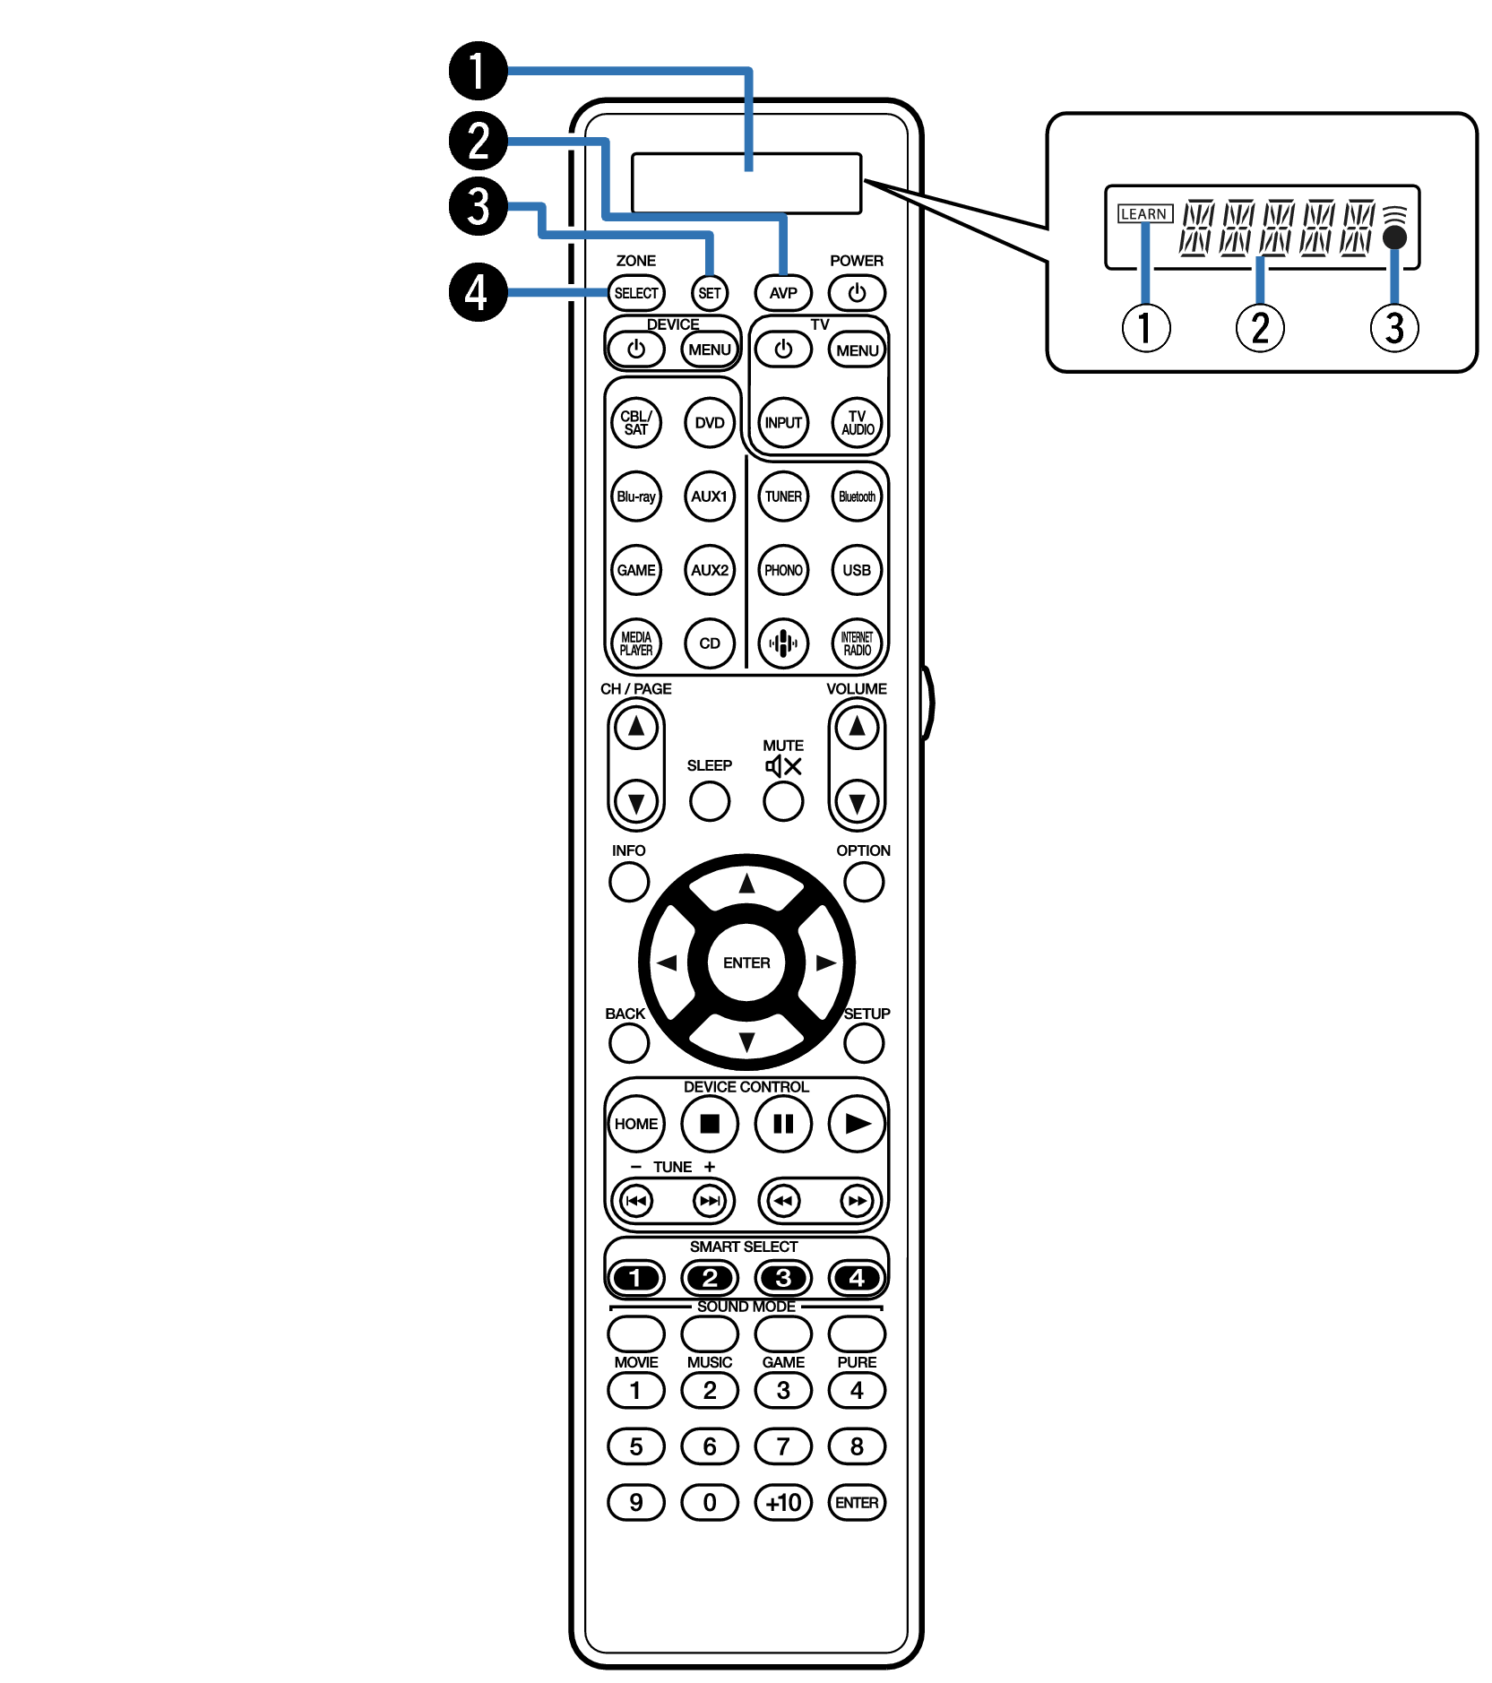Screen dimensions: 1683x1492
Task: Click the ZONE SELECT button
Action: (x=636, y=293)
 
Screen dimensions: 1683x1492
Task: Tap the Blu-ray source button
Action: (x=636, y=496)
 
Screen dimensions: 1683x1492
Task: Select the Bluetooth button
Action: (x=857, y=496)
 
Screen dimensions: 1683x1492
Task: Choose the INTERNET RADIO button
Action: (x=857, y=643)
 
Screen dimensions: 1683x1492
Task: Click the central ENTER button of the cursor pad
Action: (x=746, y=962)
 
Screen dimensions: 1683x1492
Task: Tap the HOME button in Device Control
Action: (x=636, y=1124)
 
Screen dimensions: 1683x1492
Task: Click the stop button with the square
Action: (x=710, y=1124)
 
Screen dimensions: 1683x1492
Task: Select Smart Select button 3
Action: (x=783, y=1278)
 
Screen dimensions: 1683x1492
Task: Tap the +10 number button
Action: (x=783, y=1503)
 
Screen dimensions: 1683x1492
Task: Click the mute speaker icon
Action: (x=783, y=766)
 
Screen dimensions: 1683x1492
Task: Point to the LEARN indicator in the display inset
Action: (x=1144, y=214)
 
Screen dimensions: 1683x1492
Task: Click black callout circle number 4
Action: (x=478, y=292)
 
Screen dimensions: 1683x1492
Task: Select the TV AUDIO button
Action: (x=857, y=423)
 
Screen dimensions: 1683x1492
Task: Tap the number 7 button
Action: (x=783, y=1446)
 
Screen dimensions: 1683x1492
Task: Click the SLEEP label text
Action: (x=710, y=765)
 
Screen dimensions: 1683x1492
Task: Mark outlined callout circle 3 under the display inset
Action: (x=1394, y=328)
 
